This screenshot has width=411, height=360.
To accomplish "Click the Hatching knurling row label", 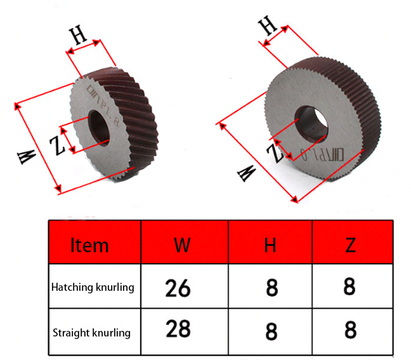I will coord(93,287).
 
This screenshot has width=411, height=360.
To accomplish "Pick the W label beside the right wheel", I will coord(246,172).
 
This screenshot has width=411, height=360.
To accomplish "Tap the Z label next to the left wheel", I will coord(58,146).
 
